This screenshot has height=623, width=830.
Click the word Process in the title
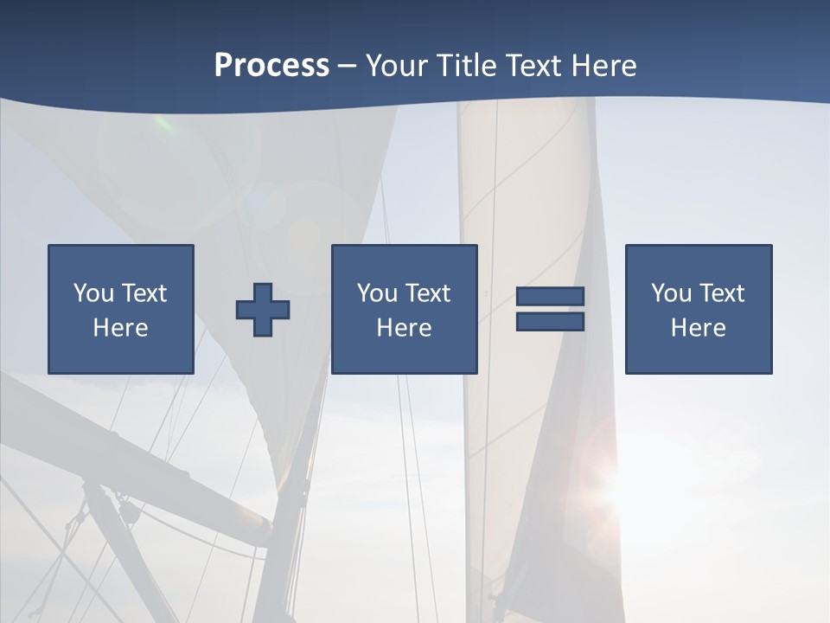click(271, 65)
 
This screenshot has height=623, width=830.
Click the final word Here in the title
click(603, 65)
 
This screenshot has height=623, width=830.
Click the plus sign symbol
click(263, 309)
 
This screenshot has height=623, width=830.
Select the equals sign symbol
click(550, 309)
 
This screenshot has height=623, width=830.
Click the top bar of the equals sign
click(550, 297)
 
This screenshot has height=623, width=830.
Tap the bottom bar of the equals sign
click(550, 322)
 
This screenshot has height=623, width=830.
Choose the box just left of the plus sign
click(121, 309)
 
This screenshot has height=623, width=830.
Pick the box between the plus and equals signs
click(404, 309)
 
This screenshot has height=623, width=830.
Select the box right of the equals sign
click(699, 309)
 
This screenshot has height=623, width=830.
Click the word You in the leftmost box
click(93, 293)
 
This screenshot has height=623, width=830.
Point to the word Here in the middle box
click(404, 328)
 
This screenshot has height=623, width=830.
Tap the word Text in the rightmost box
click(722, 293)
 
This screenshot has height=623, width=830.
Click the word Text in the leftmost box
click(144, 293)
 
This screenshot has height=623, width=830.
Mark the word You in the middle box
click(376, 293)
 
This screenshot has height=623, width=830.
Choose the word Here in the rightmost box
click(699, 328)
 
